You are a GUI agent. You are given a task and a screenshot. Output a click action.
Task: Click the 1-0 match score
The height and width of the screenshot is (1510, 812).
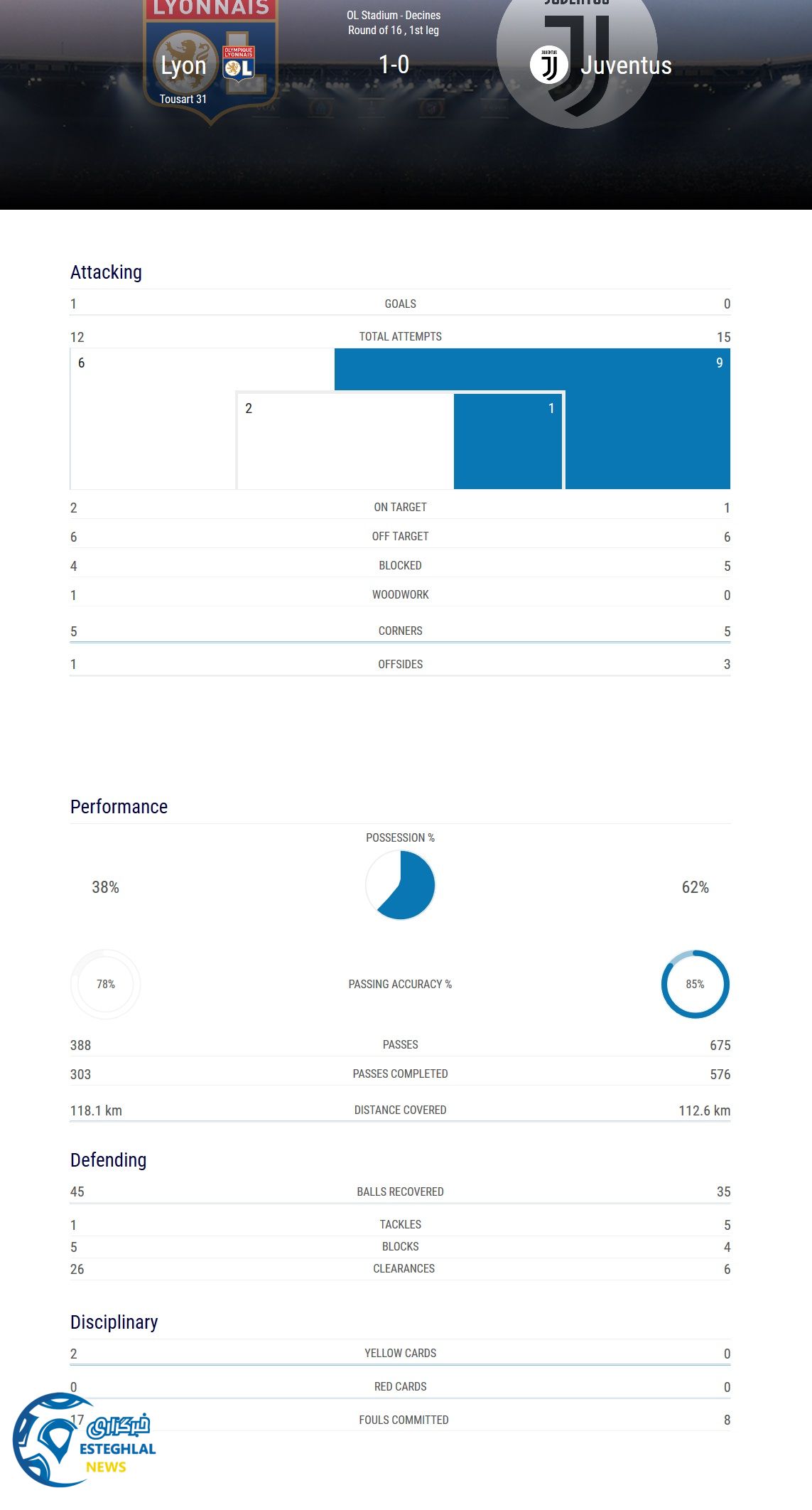click(x=394, y=65)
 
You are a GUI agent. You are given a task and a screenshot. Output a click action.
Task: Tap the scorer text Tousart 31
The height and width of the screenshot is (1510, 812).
click(x=183, y=99)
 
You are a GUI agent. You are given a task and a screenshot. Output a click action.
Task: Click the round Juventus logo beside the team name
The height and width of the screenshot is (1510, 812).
click(x=548, y=65)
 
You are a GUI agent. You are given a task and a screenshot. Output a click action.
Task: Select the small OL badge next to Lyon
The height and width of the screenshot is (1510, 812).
click(x=239, y=64)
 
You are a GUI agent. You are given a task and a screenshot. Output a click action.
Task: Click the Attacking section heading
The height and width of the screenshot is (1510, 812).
click(x=106, y=272)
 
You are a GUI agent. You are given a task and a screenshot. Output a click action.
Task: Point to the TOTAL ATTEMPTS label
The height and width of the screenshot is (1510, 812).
click(x=400, y=336)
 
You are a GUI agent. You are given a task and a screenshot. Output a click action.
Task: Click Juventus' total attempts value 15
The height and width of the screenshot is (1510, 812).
click(x=723, y=337)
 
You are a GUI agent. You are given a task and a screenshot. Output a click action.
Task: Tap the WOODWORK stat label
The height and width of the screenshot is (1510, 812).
click(x=400, y=594)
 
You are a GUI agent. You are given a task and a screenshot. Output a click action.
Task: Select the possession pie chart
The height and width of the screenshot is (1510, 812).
click(x=400, y=885)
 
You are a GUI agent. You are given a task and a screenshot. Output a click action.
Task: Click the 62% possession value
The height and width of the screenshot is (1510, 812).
click(x=695, y=887)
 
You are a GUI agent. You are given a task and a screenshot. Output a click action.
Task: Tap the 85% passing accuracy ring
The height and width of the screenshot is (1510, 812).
click(x=695, y=984)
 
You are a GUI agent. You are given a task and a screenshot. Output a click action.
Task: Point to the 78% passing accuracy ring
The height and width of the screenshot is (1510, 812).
click(x=106, y=984)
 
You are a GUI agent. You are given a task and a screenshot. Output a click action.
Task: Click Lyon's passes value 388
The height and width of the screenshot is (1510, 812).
click(x=80, y=1045)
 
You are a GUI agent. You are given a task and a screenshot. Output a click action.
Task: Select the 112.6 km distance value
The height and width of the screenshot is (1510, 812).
click(x=704, y=1110)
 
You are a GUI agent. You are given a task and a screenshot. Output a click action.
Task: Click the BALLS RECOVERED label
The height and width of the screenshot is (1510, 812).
click(x=400, y=1192)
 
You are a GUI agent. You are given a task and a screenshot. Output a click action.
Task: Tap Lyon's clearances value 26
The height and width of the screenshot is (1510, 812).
click(x=77, y=1269)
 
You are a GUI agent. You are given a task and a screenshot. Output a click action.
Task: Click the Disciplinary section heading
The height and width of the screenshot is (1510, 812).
click(x=114, y=1322)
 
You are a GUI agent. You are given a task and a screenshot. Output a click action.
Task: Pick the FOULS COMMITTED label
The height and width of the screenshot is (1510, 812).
click(x=404, y=1420)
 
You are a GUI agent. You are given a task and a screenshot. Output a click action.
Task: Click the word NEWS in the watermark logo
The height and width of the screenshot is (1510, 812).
click(x=106, y=1467)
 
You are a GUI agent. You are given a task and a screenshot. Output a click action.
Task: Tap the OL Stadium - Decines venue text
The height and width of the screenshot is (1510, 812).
click(x=394, y=15)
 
